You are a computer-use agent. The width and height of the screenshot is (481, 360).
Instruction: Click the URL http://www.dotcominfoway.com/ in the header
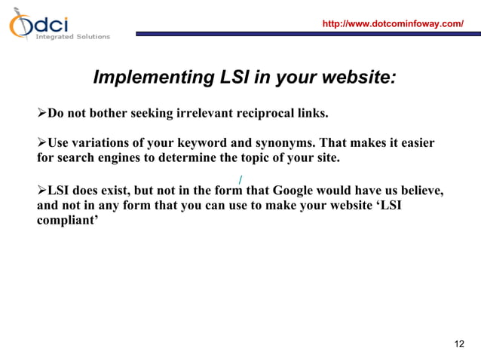[392, 24]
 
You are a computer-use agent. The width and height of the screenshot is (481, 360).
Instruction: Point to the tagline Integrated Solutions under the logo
[72, 36]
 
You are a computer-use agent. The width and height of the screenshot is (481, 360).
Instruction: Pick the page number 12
[458, 344]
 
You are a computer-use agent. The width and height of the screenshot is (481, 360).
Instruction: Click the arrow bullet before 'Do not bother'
[42, 114]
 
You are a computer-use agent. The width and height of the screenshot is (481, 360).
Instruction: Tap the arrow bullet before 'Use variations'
[42, 143]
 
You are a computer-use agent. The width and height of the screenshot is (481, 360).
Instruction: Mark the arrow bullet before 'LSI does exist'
[42, 190]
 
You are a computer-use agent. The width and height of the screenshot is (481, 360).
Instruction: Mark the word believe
[418, 190]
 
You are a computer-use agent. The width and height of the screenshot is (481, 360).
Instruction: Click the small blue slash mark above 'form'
[240, 179]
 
